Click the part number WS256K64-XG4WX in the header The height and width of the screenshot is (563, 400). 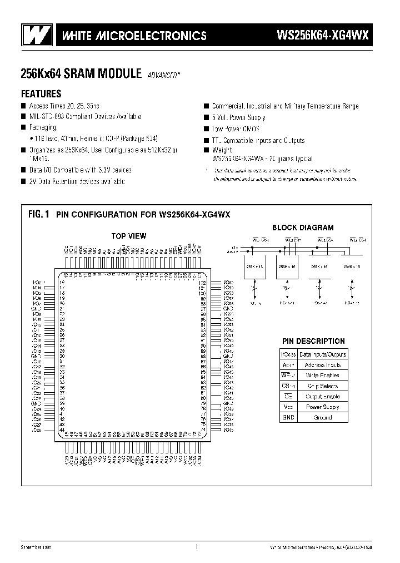[x=322, y=36]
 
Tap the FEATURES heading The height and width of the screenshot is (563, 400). [x=41, y=93]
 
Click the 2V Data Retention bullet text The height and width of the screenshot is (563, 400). [x=77, y=182]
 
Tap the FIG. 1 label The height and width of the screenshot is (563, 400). [x=38, y=214]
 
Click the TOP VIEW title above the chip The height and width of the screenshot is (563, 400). [x=128, y=236]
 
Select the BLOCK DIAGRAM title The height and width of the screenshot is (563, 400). [x=303, y=228]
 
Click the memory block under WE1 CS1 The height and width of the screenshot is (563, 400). [x=253, y=268]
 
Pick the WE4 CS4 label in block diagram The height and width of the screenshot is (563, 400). [x=358, y=240]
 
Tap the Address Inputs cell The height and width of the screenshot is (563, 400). [x=323, y=365]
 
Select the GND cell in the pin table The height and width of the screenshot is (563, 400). [x=288, y=417]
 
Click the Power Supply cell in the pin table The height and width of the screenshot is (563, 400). [x=323, y=407]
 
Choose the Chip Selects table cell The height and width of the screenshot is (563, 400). [x=323, y=386]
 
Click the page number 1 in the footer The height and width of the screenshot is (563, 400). [x=197, y=547]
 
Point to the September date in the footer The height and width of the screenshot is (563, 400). [x=36, y=547]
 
